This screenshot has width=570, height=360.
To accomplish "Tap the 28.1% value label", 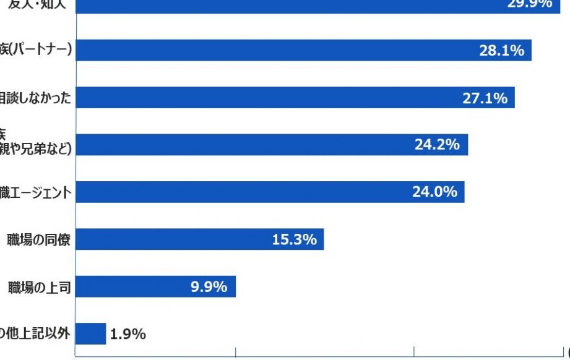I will tap(501, 51).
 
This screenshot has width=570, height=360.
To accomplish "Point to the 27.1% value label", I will tap(485, 98).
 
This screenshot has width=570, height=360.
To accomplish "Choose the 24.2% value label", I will tap(437, 145).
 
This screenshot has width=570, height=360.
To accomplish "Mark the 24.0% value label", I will tap(434, 192).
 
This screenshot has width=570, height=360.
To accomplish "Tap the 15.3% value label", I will tap(294, 239).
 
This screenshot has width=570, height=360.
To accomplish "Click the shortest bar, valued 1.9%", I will tap(90, 334).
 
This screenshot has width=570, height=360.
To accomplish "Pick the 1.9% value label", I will tap(128, 335).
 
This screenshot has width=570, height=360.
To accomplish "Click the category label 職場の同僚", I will tap(38, 239).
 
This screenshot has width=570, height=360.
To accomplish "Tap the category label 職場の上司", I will tap(39, 287).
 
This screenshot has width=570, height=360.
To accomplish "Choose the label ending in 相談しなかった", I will tap(35, 98).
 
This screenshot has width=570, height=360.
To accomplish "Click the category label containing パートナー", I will tap(35, 51).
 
